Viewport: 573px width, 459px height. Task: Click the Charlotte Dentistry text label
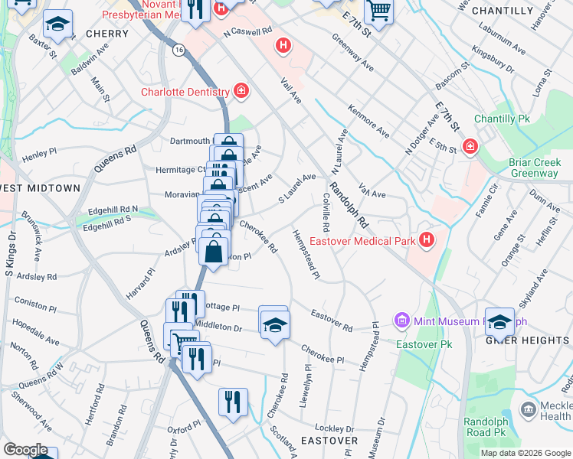(x=185, y=93)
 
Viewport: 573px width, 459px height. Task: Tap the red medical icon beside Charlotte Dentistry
(x=241, y=92)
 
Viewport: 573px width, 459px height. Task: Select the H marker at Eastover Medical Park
(x=427, y=241)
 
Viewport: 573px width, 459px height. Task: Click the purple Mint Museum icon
(x=401, y=319)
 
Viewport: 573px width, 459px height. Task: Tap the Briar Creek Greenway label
(x=533, y=168)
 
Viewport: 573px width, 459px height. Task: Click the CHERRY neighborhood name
(x=106, y=34)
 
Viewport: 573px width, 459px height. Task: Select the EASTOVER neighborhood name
(x=329, y=441)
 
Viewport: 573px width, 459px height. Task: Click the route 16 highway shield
(x=178, y=49)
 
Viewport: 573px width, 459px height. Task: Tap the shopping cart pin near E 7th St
(x=378, y=11)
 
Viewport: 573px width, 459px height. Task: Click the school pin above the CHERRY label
(x=57, y=24)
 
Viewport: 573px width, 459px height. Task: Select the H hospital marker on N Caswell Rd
(x=283, y=46)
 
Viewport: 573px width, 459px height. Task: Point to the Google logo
(x=25, y=451)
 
